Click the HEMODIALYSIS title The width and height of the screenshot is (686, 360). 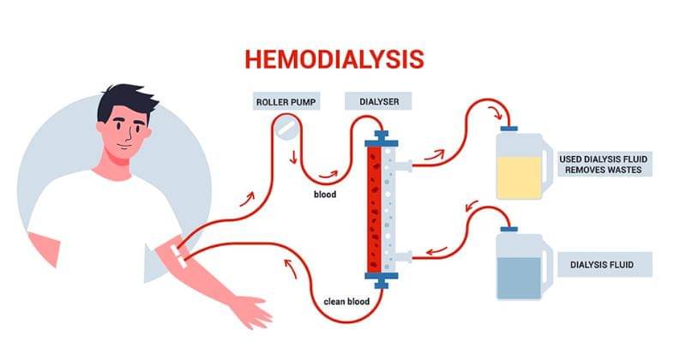(334, 58)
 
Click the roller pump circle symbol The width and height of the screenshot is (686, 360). (286, 129)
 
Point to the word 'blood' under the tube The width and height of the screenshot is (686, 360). (324, 195)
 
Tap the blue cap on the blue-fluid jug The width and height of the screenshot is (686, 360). (508, 229)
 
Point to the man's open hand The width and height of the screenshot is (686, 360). (257, 310)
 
